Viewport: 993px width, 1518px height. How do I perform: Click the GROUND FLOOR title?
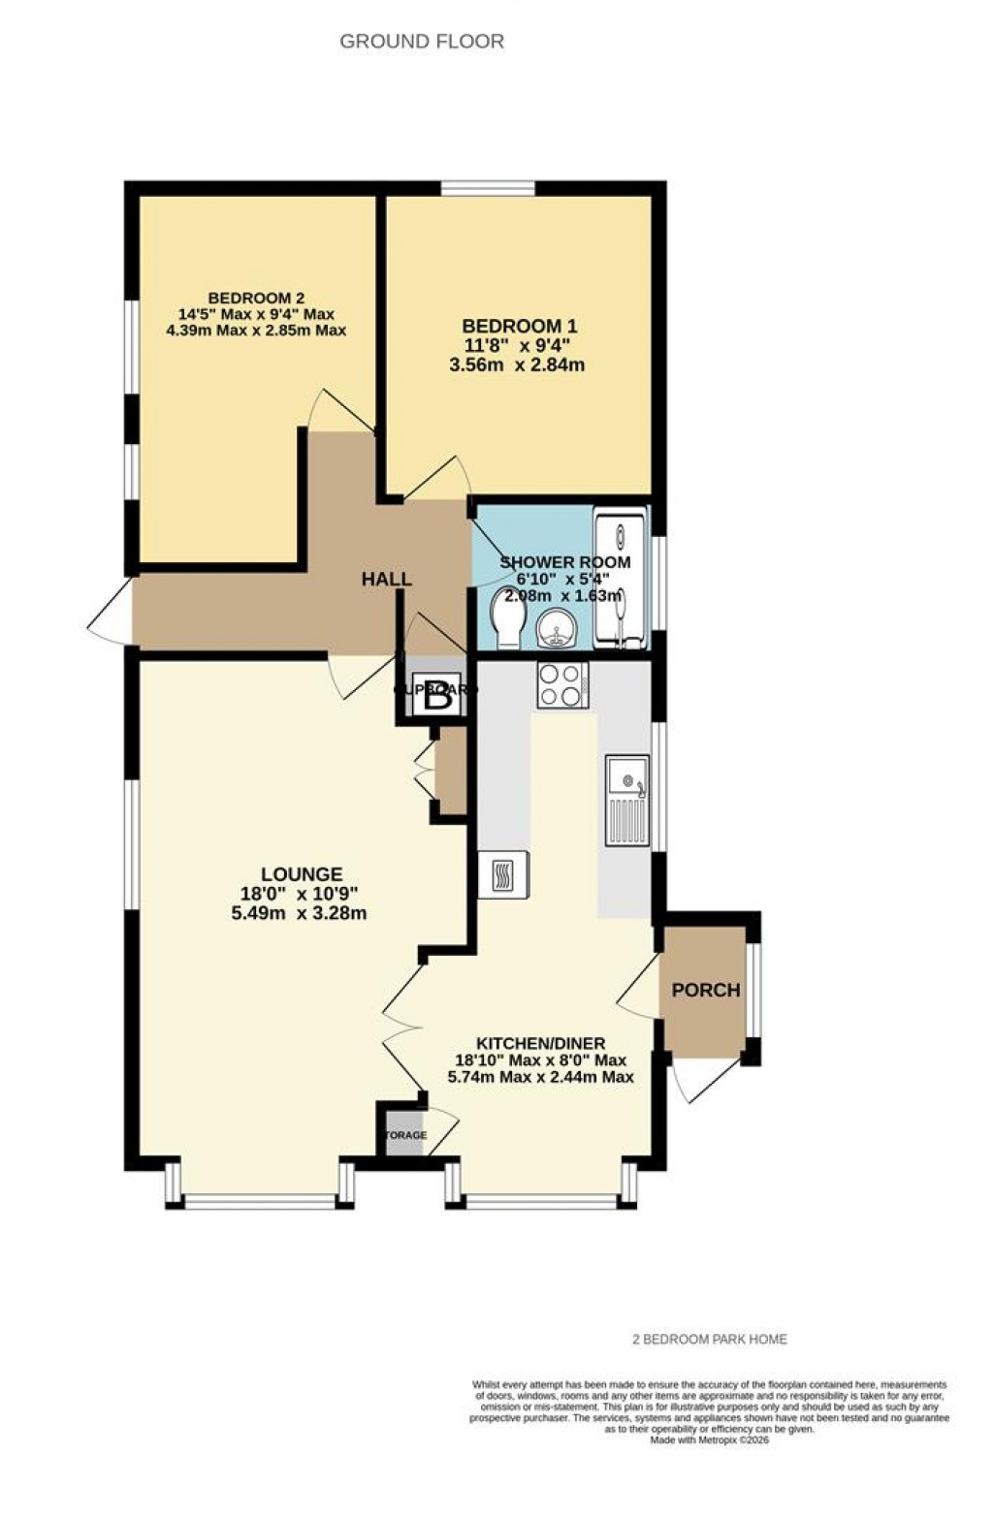click(x=422, y=42)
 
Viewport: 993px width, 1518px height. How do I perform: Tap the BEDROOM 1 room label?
click(x=525, y=327)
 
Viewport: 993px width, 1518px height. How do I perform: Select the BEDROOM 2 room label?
click(x=257, y=298)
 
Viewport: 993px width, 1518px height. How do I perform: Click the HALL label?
click(x=387, y=580)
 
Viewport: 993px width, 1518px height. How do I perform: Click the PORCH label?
click(x=705, y=990)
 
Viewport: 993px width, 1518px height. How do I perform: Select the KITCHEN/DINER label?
click(x=540, y=1043)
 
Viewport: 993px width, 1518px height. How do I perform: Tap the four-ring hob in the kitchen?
click(x=562, y=684)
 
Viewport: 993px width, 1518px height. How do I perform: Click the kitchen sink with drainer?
click(x=627, y=800)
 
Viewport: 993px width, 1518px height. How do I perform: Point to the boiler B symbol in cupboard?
click(x=437, y=695)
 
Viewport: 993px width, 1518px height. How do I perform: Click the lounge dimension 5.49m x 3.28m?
click(x=299, y=913)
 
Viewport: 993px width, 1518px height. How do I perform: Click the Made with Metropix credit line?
click(x=710, y=1440)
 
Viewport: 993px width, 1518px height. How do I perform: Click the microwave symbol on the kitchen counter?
click(x=503, y=875)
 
